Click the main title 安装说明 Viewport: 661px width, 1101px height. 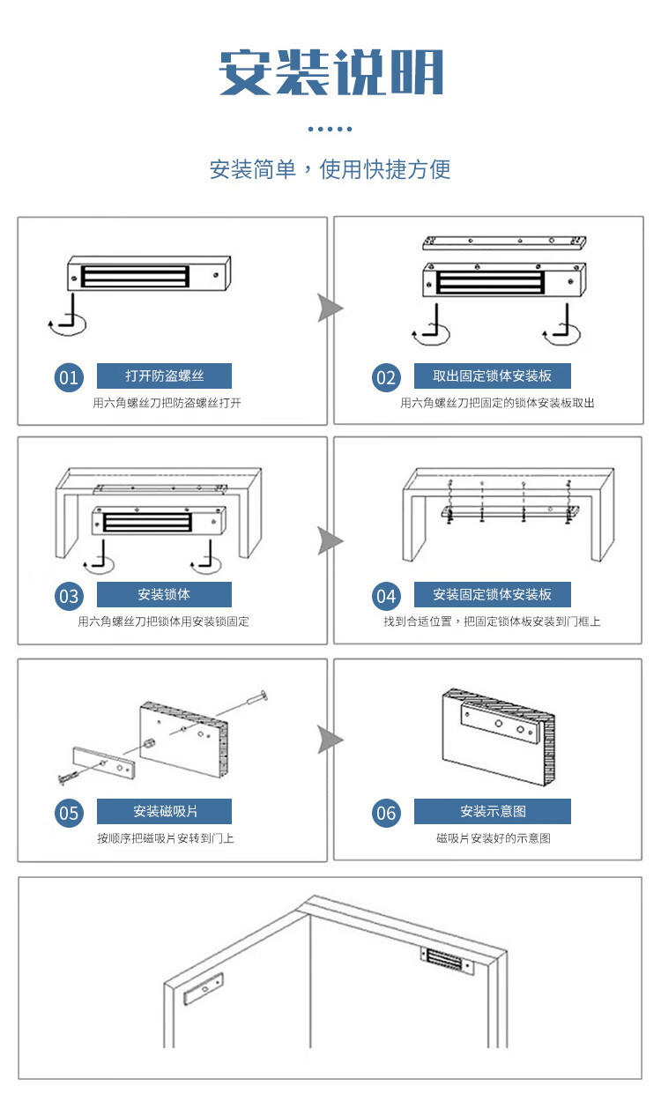point(330,72)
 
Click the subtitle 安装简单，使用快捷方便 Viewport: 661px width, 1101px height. point(330,168)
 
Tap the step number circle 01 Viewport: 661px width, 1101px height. point(69,378)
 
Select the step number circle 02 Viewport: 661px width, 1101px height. point(386,378)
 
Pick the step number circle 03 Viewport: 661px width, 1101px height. point(69,597)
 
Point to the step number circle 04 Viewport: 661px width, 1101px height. point(386,597)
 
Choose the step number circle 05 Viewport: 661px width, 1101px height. point(69,814)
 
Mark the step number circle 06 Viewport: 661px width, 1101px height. point(386,814)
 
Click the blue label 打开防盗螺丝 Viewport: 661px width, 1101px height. point(164,376)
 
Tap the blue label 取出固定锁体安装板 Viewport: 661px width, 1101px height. point(493,376)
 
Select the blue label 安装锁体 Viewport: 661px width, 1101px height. point(164,594)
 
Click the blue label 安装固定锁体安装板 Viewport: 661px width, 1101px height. point(493,594)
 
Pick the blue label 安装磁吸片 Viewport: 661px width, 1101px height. point(164,811)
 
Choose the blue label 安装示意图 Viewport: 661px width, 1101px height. point(493,811)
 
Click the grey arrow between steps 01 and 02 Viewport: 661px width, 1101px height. point(330,309)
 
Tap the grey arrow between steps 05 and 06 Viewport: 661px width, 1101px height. point(330,740)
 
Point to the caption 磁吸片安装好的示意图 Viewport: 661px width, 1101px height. point(493,838)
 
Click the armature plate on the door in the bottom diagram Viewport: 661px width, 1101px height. point(203,990)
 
